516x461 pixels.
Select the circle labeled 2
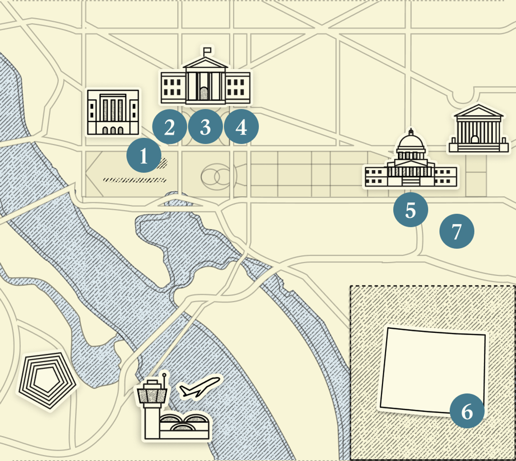click(x=169, y=127)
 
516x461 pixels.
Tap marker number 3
click(x=205, y=127)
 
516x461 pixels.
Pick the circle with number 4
click(x=241, y=127)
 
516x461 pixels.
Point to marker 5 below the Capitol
click(x=411, y=210)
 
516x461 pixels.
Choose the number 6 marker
click(x=467, y=411)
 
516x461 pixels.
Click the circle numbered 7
click(x=457, y=231)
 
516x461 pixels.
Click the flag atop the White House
click(x=207, y=50)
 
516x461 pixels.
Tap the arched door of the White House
click(x=205, y=94)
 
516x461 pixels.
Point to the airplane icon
click(x=200, y=388)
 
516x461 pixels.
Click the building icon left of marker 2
click(x=113, y=112)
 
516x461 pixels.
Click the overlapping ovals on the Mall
click(x=216, y=177)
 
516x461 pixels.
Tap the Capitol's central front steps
click(x=411, y=182)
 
